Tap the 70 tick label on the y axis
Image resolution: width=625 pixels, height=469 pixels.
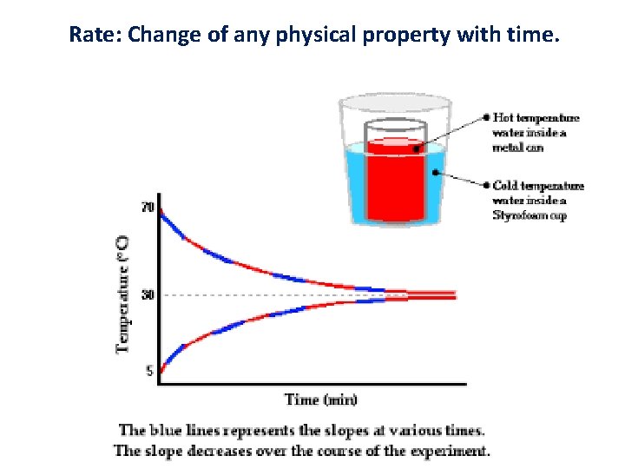click(x=148, y=208)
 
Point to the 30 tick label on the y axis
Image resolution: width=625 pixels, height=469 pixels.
click(x=148, y=295)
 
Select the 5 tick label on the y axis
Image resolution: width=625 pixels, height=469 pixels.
click(x=149, y=371)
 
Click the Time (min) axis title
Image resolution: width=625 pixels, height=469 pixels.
click(x=320, y=400)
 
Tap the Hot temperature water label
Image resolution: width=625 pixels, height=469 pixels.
click(x=536, y=132)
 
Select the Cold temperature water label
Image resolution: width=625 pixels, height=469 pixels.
click(x=538, y=200)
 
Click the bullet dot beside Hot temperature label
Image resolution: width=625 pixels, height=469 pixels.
click(x=485, y=117)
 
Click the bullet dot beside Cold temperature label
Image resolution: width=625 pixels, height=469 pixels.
click(x=485, y=185)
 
